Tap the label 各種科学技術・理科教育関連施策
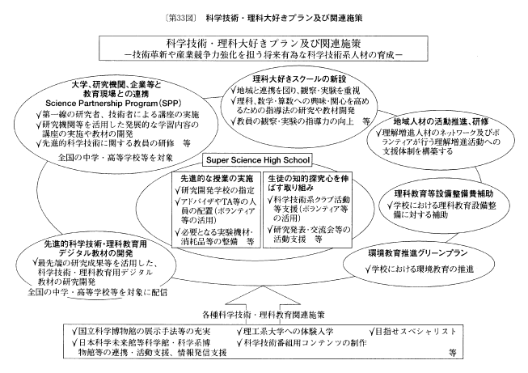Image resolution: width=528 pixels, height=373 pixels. pos(264,312)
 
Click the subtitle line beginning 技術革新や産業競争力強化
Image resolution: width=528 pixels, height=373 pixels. pos(264,55)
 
